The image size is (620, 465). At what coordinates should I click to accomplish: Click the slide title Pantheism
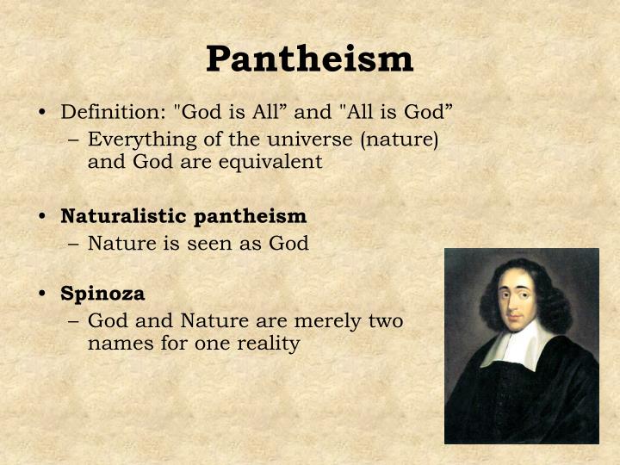coord(310,59)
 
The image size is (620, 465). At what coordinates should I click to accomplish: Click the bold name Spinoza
coord(102,294)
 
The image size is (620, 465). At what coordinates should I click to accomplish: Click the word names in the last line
coord(117,344)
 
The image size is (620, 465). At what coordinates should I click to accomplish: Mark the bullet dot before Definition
coord(42,114)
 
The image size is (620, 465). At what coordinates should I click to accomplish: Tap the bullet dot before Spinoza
coord(42,294)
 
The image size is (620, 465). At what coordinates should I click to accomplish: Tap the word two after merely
coord(383,321)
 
